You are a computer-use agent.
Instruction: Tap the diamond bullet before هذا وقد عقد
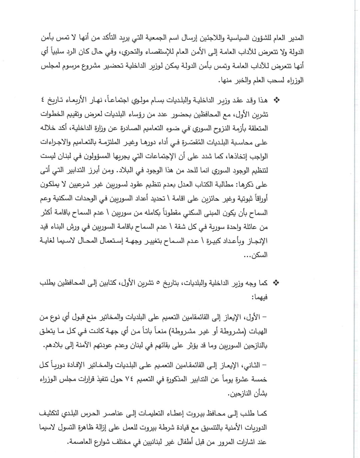[x=276, y=100]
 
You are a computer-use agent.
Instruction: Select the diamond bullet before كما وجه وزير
[x=276, y=283]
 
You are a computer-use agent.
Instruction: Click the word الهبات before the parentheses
[x=259, y=332]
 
